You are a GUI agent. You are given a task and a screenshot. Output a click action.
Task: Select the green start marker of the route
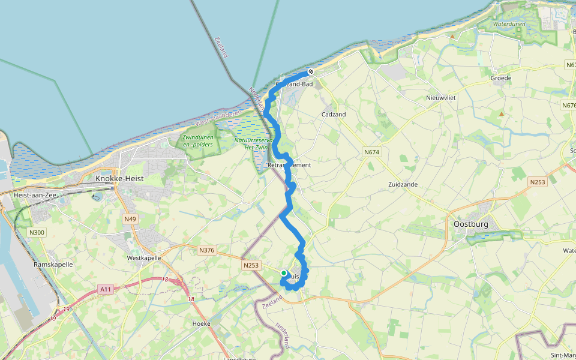coord(284,273)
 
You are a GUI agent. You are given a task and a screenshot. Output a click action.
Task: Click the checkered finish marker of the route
coord(311,72)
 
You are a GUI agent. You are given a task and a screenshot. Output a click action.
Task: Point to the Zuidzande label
coord(403,184)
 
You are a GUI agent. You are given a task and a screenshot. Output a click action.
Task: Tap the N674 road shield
coord(372,152)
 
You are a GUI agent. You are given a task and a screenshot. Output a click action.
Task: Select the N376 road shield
coord(206,250)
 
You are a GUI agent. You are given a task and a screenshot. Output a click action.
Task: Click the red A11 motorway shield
coord(106,290)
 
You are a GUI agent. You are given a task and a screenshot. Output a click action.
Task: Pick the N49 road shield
coord(130,219)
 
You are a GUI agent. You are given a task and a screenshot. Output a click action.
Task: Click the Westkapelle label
coord(143,258)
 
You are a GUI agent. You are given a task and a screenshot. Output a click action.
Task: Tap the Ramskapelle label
coord(53,264)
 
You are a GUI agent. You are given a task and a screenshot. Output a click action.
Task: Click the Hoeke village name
coord(201,323)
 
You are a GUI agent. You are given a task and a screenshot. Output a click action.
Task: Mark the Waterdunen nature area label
coord(509,24)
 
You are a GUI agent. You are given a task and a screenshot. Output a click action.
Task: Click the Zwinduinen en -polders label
coord(199,142)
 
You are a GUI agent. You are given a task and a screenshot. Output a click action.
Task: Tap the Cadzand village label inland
coord(334,114)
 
